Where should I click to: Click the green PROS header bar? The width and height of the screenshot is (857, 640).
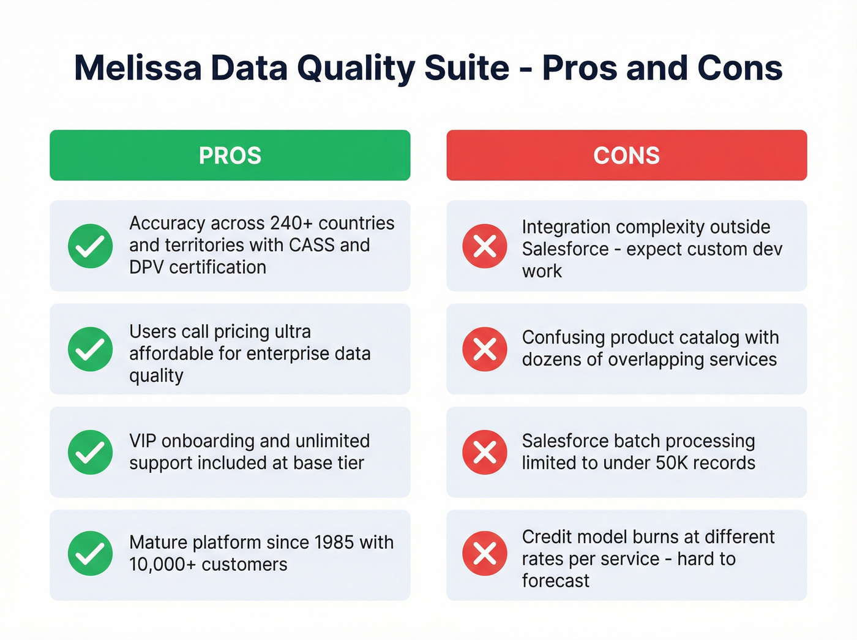(x=230, y=155)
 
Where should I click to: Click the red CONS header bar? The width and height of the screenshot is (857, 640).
(x=626, y=155)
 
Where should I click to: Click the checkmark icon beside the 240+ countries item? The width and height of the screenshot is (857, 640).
(x=90, y=246)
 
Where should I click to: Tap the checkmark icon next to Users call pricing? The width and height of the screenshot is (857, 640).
(x=90, y=349)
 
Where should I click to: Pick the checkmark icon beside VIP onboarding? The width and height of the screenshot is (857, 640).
(x=90, y=452)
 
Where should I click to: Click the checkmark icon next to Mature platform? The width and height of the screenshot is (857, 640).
(x=90, y=553)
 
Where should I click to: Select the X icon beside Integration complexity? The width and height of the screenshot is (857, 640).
(x=485, y=246)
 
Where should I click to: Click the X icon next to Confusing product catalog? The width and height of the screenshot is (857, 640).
(x=485, y=349)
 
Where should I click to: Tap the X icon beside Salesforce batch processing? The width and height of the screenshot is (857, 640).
(x=485, y=452)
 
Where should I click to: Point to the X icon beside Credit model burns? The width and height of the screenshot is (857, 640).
(x=485, y=553)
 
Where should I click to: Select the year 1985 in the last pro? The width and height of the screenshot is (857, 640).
(x=334, y=542)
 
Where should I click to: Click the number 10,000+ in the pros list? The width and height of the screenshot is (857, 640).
(x=162, y=564)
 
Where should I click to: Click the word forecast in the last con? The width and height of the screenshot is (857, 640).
(x=555, y=581)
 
